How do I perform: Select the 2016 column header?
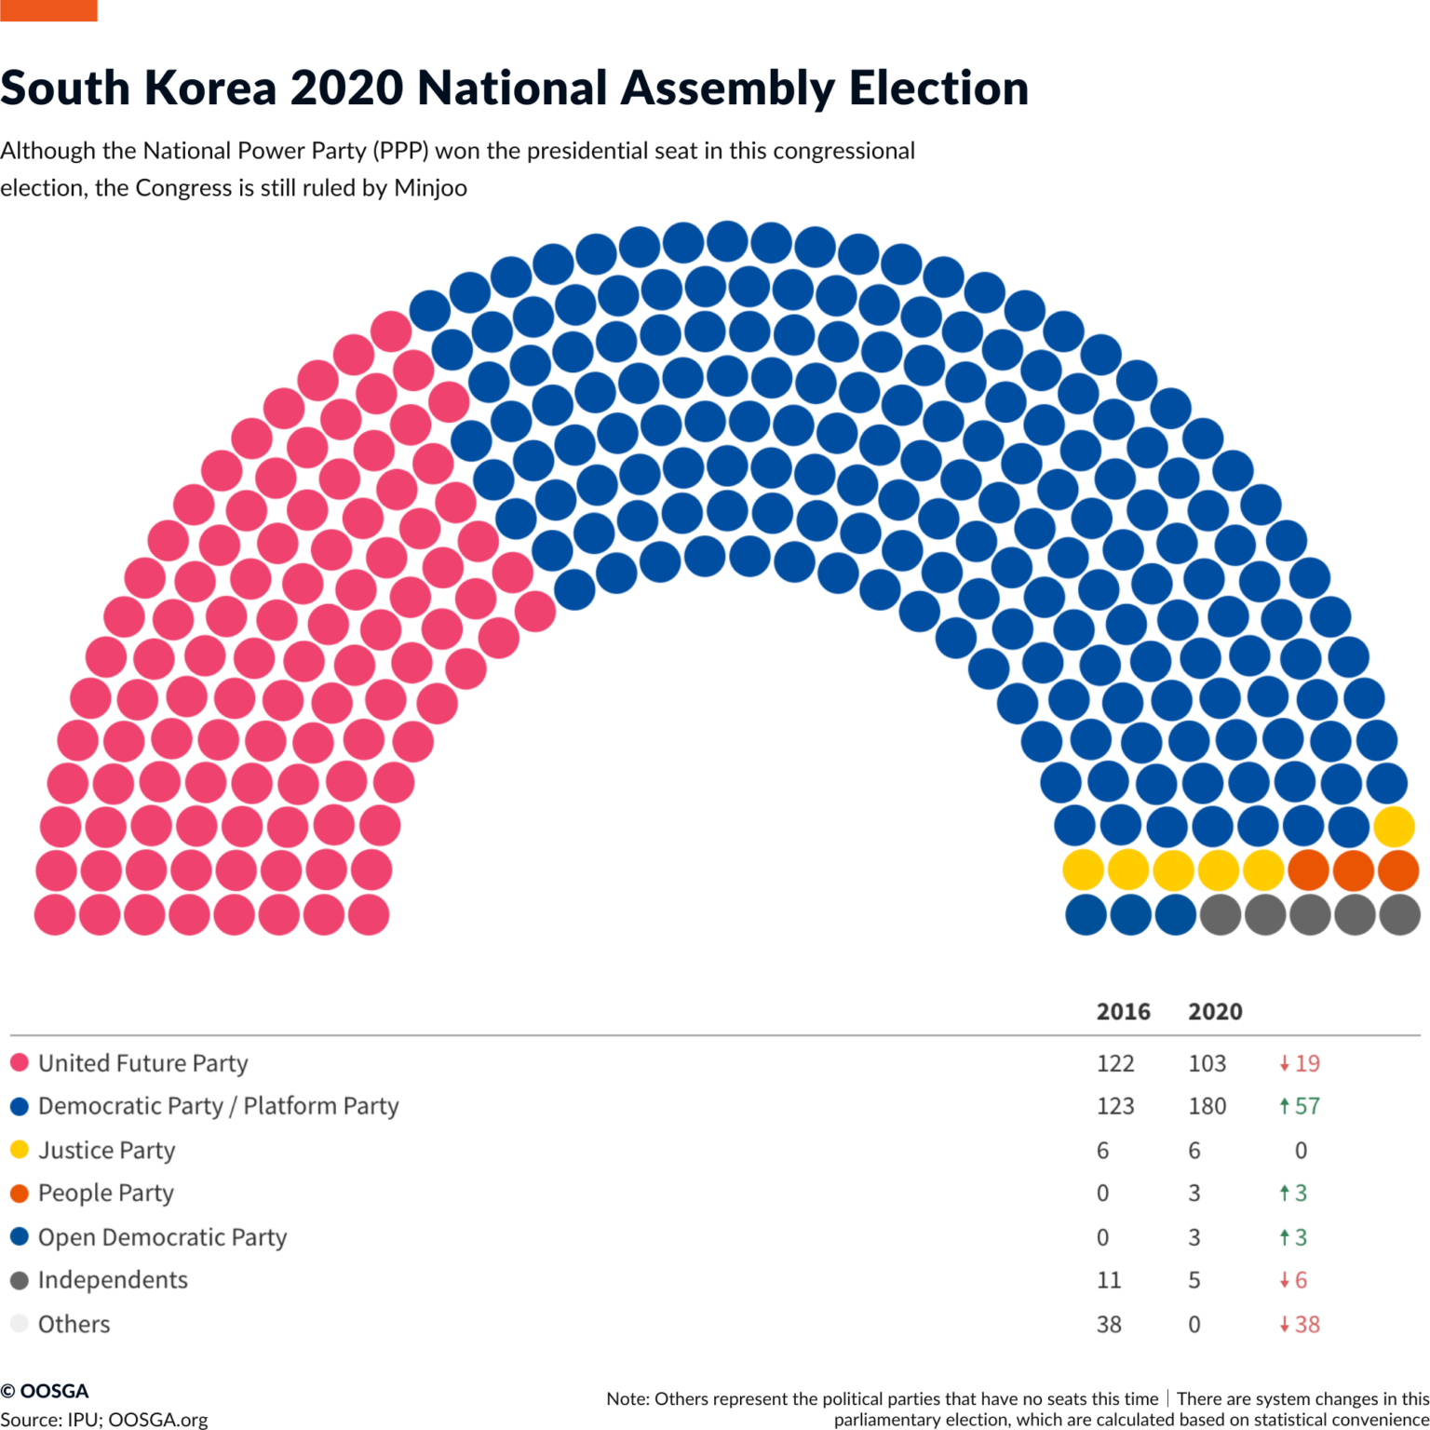coord(1123,1011)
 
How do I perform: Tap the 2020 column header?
coord(1215,1011)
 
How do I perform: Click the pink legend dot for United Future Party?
coord(20,1062)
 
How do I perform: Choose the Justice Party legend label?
coord(106,1150)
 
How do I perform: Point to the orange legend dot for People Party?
coord(20,1193)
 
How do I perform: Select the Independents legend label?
coord(113,1280)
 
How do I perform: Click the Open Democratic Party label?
coord(162,1237)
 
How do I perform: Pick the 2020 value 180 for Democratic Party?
coord(1207,1106)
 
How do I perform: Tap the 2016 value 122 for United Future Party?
coord(1115,1063)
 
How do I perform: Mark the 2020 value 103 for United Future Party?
coord(1207,1063)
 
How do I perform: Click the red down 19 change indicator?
coord(1300,1063)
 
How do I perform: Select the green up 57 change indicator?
coord(1300,1106)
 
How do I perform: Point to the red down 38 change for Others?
coord(1300,1324)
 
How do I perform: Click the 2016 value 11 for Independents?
coord(1109,1280)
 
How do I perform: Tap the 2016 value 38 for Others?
coord(1109,1324)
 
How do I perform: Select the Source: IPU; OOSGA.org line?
coord(104,1419)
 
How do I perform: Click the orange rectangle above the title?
coord(48,10)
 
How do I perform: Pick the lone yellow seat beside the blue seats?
coord(1394,826)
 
